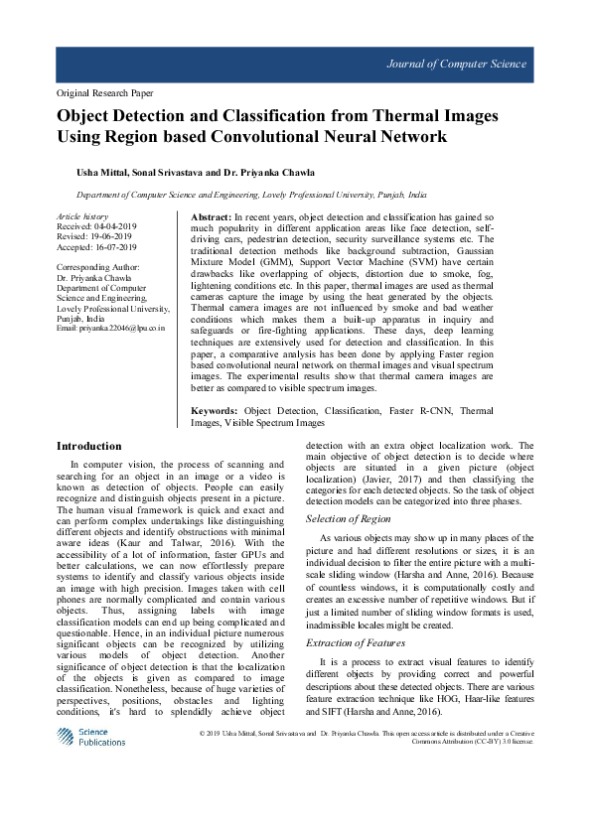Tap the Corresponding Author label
[x=98, y=267]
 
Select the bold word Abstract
[x=210, y=216]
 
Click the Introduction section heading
[x=88, y=447]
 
